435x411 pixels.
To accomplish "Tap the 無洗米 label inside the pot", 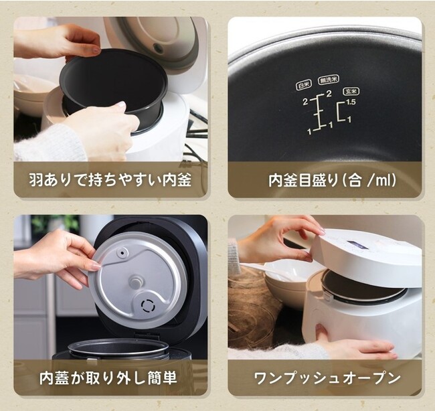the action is [329, 80].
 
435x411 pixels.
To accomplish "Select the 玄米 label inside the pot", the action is [351, 91].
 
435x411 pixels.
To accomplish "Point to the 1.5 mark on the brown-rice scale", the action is [351, 102].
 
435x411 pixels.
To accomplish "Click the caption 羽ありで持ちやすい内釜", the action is [110, 180].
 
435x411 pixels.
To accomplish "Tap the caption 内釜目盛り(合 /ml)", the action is [332, 180].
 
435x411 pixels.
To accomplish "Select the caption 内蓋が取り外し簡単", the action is [108, 378].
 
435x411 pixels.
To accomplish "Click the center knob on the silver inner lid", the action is [135, 282].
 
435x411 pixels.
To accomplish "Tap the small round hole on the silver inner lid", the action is [122, 253].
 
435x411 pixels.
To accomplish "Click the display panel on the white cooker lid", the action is [357, 245].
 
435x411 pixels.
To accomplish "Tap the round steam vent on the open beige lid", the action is [159, 48].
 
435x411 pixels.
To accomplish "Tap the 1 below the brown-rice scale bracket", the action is [349, 119].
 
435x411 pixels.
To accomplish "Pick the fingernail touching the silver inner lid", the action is [95, 266].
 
